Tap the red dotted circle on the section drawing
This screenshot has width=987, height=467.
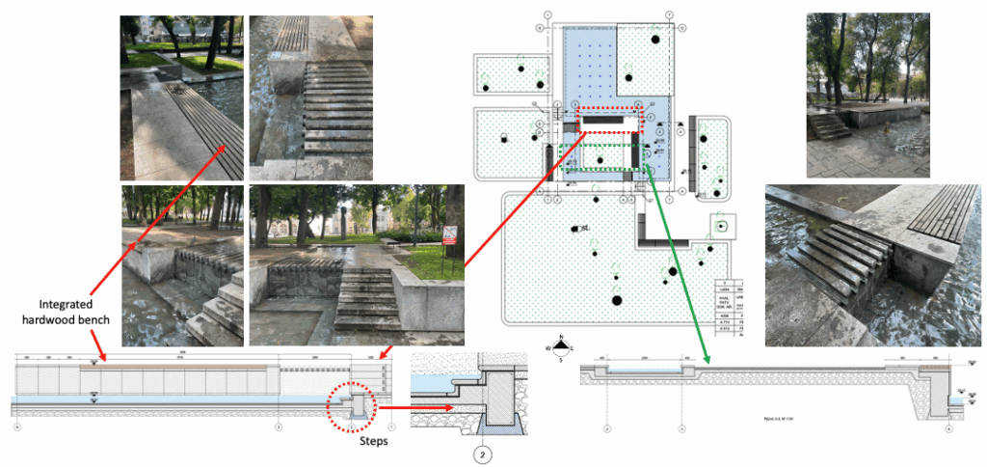coord(354,406)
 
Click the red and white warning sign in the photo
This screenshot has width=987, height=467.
coord(449,233)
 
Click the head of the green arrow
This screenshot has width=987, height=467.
coord(707,362)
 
